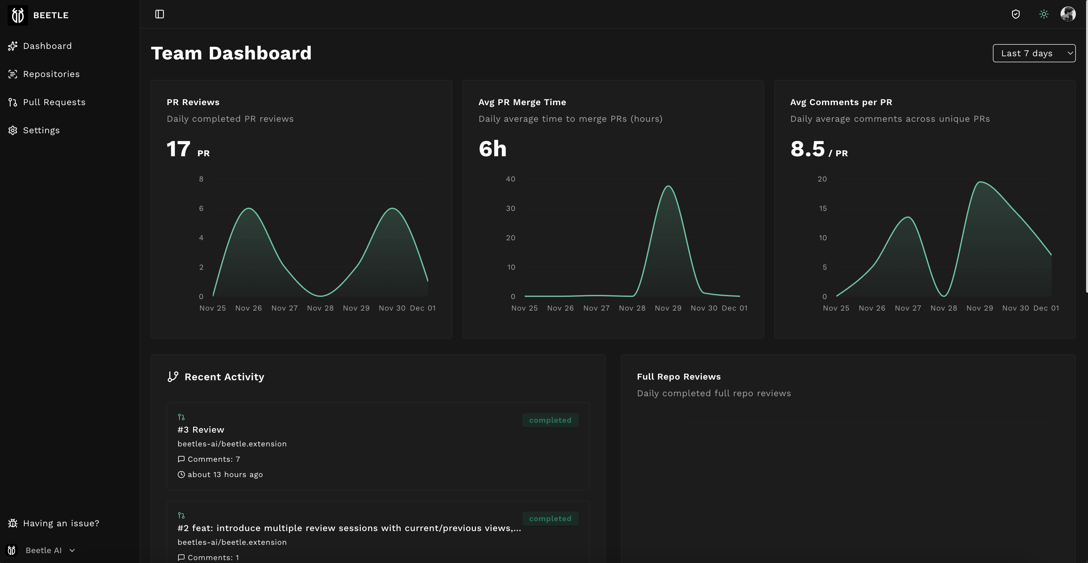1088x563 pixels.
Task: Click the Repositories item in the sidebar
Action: pos(51,74)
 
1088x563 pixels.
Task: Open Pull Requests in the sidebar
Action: pos(54,102)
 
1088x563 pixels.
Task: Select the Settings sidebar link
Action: pos(41,130)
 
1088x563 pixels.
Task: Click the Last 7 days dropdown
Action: pos(1033,53)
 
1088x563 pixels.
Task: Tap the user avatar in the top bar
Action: pos(1068,14)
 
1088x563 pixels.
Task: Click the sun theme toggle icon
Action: pos(1044,14)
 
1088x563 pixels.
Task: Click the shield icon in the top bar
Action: pos(1016,14)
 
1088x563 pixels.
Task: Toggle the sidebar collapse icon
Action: pos(160,14)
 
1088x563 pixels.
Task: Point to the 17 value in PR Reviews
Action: pos(178,149)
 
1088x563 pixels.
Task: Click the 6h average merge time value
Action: pos(492,149)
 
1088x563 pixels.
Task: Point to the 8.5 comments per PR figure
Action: pos(807,149)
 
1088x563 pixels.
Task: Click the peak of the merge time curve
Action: pos(668,186)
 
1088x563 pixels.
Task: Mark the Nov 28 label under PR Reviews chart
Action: pos(320,308)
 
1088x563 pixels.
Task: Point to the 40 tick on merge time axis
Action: pos(510,179)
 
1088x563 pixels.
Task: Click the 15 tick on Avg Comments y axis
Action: pos(822,208)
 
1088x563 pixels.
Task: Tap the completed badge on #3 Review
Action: pos(550,420)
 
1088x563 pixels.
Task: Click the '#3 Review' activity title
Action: pos(200,430)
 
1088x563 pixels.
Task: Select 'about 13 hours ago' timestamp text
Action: pos(225,475)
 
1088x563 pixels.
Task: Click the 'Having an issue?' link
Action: pos(61,523)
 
